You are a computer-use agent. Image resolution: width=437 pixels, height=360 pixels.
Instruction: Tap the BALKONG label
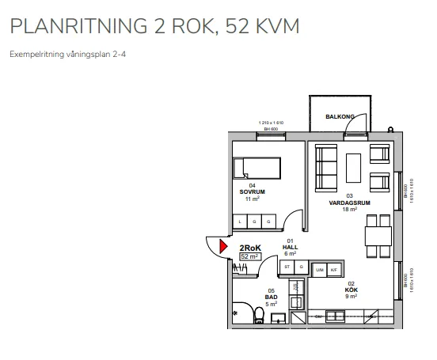[340, 117]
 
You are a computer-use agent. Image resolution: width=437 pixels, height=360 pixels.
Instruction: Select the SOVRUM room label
[252, 191]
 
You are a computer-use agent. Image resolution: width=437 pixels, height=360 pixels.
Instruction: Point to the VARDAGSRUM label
[350, 203]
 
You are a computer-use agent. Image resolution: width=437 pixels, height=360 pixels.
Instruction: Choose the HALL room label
[290, 246]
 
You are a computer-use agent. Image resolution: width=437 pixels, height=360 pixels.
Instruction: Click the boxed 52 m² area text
[249, 256]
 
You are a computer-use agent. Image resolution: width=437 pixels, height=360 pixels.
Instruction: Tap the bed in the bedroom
[257, 168]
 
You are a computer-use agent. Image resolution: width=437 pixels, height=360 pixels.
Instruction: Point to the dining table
[378, 236]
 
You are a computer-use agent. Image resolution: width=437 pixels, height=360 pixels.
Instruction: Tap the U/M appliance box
[320, 270]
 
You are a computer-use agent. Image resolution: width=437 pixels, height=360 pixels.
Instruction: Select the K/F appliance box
[334, 270]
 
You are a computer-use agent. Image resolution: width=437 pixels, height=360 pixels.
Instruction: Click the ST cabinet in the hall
[288, 267]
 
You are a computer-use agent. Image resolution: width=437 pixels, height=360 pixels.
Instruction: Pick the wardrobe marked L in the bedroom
[241, 222]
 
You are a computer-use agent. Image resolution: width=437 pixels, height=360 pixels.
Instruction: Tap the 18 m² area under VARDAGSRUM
[350, 210]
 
